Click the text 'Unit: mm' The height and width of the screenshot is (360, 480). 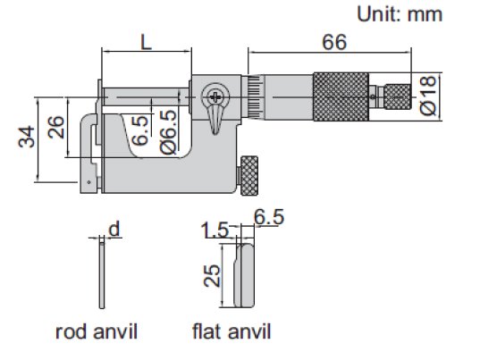click(x=400, y=14)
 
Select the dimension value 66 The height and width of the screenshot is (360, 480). click(x=334, y=42)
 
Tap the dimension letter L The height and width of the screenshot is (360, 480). click(x=146, y=42)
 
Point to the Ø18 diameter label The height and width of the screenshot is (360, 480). click(x=427, y=95)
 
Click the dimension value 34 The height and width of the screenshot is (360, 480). click(x=27, y=137)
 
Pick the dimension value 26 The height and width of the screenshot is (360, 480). click(x=56, y=127)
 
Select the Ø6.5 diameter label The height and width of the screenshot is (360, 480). click(x=168, y=132)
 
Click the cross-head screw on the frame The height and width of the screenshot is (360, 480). click(x=215, y=97)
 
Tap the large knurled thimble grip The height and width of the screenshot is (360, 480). click(x=341, y=97)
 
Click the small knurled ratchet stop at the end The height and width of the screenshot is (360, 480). click(x=398, y=96)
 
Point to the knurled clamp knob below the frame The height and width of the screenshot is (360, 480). click(x=249, y=176)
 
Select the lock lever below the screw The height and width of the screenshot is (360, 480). click(x=215, y=121)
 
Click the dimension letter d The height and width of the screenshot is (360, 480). click(x=114, y=230)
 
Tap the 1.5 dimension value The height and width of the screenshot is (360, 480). click(x=215, y=230)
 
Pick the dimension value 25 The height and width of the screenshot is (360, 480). click(x=212, y=275)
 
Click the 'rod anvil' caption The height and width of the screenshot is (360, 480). click(x=97, y=331)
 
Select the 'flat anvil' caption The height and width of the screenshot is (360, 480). click(x=232, y=331)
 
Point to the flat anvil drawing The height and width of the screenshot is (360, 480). click(x=244, y=275)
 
